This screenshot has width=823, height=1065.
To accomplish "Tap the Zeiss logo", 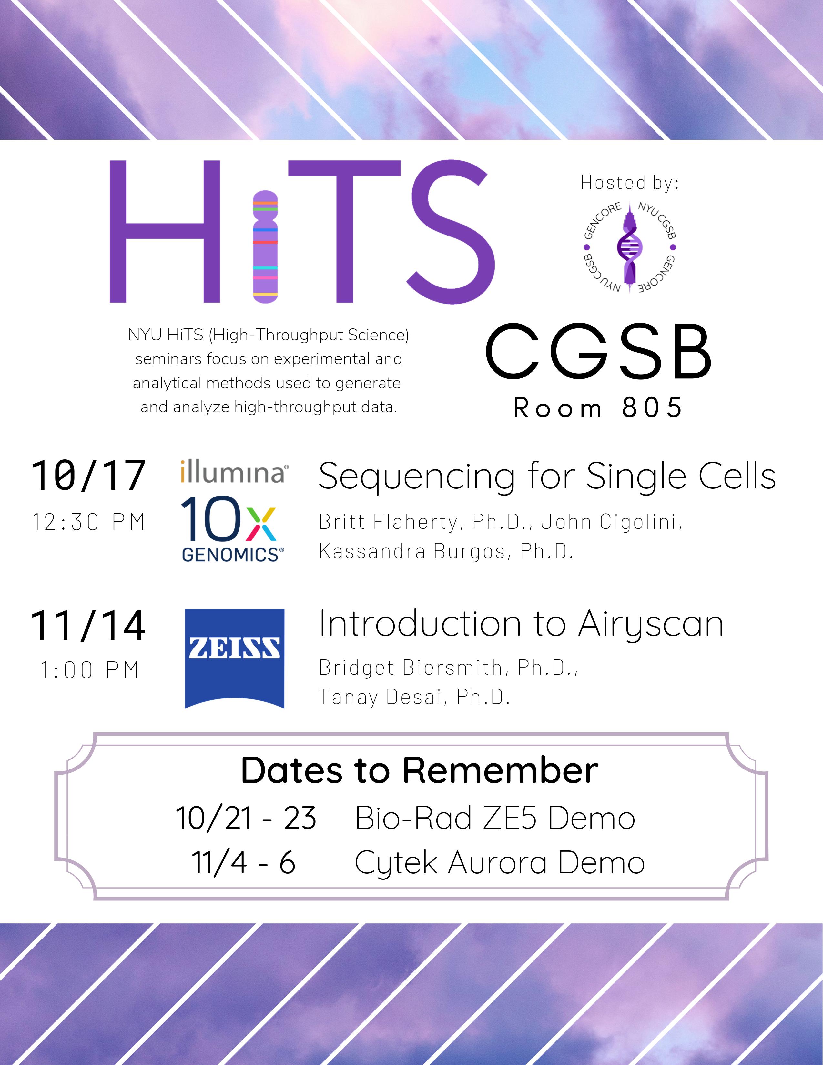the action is coord(234,658).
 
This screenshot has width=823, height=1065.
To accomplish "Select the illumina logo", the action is coord(234,472).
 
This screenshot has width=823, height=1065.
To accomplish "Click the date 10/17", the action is coord(88,476).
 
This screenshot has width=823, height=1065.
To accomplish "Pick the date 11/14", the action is coord(88,626).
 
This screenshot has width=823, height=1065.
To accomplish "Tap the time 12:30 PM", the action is coord(89,522).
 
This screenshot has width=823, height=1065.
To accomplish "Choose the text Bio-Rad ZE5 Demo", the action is coord(495,818).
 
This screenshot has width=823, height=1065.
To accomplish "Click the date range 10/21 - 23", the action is coord(246,818).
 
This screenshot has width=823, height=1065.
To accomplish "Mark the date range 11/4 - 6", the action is coord(243,863).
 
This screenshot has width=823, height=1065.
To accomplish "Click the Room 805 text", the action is coord(598,408).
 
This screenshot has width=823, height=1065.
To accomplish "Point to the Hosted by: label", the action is coord(630,183).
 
